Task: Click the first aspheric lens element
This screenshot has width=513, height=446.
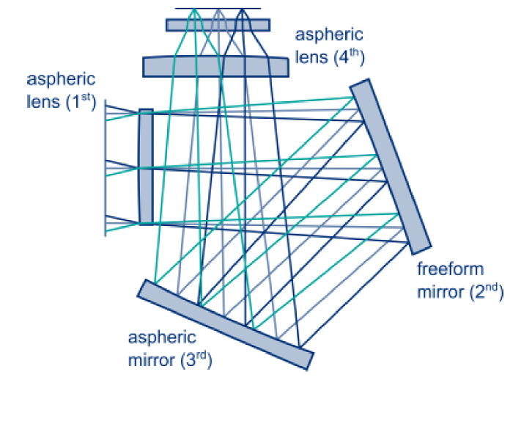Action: tap(146, 167)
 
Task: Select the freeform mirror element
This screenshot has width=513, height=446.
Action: tap(390, 165)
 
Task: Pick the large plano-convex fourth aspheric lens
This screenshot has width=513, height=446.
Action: tap(215, 66)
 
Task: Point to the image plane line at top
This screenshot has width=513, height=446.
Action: tap(217, 10)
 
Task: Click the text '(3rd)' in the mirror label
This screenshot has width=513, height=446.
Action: tap(193, 360)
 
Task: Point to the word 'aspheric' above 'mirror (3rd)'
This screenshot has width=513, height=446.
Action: tap(162, 338)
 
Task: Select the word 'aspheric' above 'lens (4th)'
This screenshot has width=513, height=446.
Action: tap(328, 34)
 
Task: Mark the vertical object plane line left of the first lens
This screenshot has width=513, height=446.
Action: tap(105, 168)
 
